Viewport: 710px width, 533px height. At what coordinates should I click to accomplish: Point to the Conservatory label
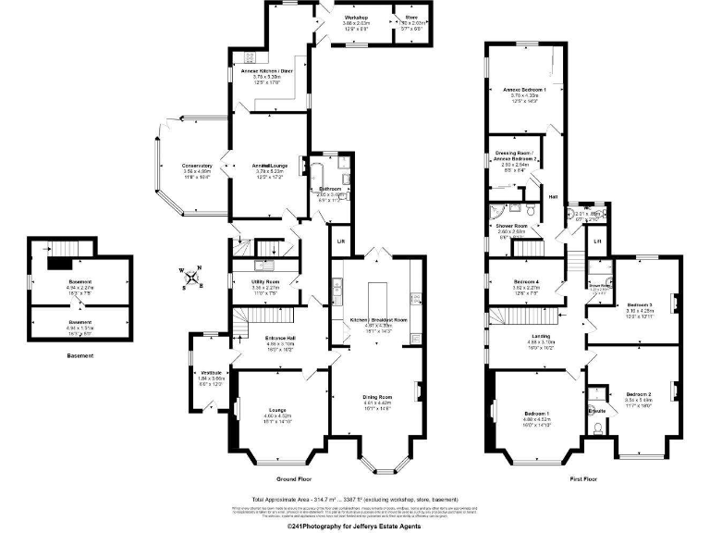(198, 166)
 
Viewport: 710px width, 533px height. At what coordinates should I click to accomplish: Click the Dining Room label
(378, 397)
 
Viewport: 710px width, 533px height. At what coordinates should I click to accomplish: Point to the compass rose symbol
(190, 277)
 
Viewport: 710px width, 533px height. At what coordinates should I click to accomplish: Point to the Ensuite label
(597, 409)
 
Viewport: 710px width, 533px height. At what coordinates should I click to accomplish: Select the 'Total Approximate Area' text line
(354, 499)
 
